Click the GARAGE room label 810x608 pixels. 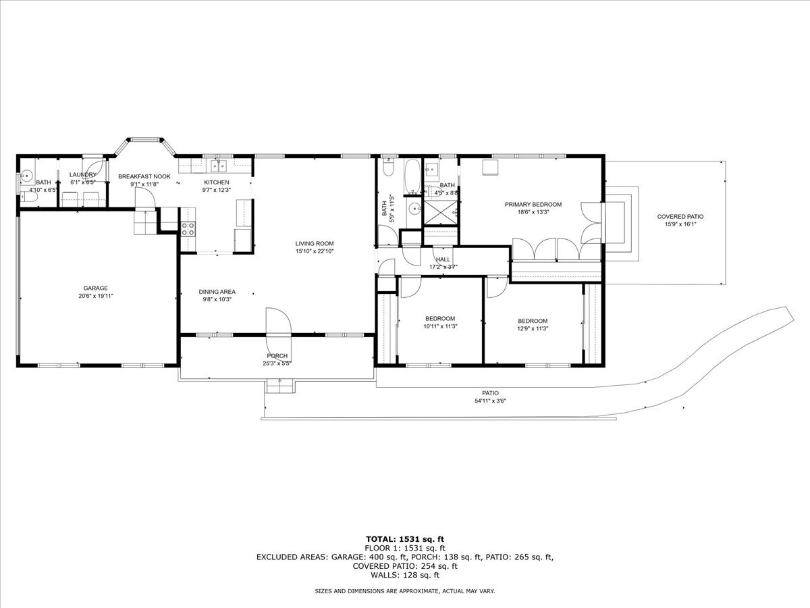pyautogui.click(x=96, y=288)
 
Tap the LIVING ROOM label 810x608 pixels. pyautogui.click(x=315, y=243)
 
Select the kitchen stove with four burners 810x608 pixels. pyautogui.click(x=188, y=229)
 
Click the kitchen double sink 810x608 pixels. pyautogui.click(x=219, y=166)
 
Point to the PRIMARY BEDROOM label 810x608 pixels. pyautogui.click(x=533, y=204)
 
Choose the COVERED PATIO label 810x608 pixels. pyautogui.click(x=680, y=217)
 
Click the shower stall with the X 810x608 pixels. pyautogui.click(x=440, y=213)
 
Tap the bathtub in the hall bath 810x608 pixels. pyautogui.click(x=412, y=176)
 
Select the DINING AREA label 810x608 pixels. pyautogui.click(x=217, y=292)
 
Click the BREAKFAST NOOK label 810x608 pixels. pyautogui.click(x=144, y=176)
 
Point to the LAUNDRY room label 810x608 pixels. pyautogui.click(x=82, y=174)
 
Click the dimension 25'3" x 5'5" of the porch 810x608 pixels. pyautogui.click(x=277, y=363)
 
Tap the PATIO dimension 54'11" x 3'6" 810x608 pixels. pyautogui.click(x=490, y=401)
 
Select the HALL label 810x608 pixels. pyautogui.click(x=443, y=259)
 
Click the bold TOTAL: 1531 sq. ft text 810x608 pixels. pyautogui.click(x=405, y=539)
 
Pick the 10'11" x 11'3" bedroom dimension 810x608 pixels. pyautogui.click(x=440, y=326)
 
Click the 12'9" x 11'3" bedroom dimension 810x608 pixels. pyautogui.click(x=533, y=328)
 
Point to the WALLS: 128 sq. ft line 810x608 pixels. pyautogui.click(x=405, y=575)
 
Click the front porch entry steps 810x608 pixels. pyautogui.click(x=279, y=386)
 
